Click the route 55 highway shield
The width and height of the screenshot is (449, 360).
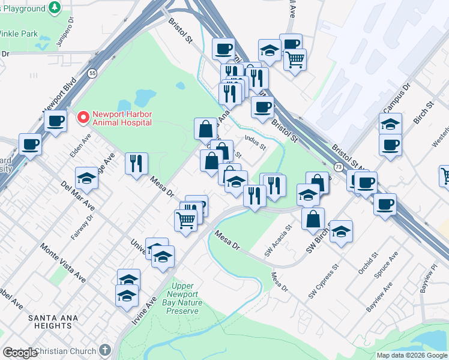[91, 73]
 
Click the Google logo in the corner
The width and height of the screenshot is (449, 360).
[20, 353]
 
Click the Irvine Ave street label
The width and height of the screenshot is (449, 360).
[145, 310]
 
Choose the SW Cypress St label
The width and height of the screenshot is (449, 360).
[320, 282]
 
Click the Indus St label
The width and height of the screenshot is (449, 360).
[255, 141]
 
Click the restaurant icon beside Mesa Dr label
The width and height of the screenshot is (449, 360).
[136, 163]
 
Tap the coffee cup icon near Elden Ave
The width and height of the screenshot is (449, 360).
[56, 121]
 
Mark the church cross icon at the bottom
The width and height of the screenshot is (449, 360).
[105, 350]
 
